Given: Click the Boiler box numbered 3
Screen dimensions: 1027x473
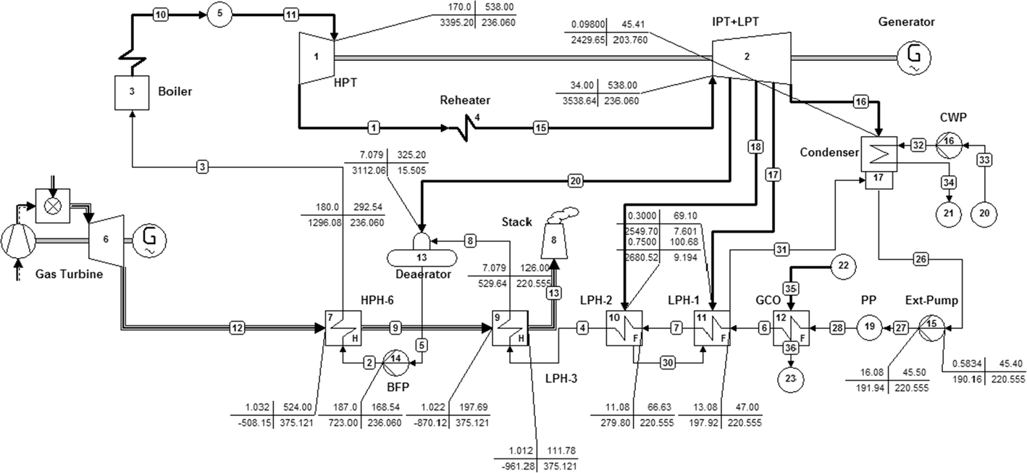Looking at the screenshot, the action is point(132,93).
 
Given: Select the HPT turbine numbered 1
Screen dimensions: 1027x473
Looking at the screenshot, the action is point(317,58).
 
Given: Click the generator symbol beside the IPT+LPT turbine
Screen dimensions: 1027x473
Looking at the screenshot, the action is point(914,57).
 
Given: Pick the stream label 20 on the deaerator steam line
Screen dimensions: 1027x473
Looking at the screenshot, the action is point(575,181).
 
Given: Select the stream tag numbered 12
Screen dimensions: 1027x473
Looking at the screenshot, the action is point(237,327).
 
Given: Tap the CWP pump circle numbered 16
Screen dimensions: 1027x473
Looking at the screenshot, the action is point(949,146).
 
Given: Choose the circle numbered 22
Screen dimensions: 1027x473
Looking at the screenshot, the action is point(843,266).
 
